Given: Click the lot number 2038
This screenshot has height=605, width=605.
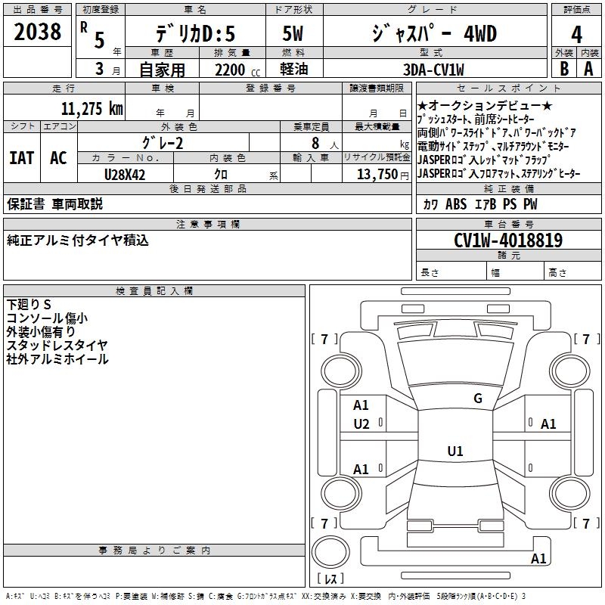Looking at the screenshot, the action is pyautogui.click(x=37, y=32).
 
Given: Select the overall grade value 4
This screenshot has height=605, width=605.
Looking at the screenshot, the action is pyautogui.click(x=576, y=35).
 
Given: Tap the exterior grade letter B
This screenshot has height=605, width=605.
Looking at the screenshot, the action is pyautogui.click(x=564, y=69).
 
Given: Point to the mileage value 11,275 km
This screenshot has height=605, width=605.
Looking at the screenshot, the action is pyautogui.click(x=92, y=108).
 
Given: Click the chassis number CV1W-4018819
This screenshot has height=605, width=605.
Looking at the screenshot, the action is pyautogui.click(x=508, y=240).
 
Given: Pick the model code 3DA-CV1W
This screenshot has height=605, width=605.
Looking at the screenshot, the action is pyautogui.click(x=433, y=70).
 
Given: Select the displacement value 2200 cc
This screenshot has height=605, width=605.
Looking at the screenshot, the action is pyautogui.click(x=237, y=70).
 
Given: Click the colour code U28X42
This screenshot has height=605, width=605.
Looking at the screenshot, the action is pyautogui.click(x=125, y=175).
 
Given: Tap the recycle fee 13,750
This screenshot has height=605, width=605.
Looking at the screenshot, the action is pyautogui.click(x=377, y=175).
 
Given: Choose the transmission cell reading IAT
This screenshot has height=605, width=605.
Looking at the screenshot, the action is pyautogui.click(x=22, y=158).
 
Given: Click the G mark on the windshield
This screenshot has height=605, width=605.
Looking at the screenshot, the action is pyautogui.click(x=478, y=399).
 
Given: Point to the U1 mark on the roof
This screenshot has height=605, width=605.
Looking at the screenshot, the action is pyautogui.click(x=455, y=451).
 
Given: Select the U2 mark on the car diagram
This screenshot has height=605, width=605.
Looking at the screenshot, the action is pyautogui.click(x=361, y=424).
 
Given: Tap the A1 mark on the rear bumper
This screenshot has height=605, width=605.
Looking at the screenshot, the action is pyautogui.click(x=538, y=558).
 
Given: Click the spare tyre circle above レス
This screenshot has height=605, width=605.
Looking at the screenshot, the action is pyautogui.click(x=330, y=552).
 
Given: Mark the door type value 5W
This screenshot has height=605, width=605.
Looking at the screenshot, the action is pyautogui.click(x=293, y=33).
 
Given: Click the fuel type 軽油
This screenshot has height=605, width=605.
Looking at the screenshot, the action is pyautogui.click(x=293, y=70).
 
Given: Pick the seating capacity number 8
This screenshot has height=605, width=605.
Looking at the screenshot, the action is pyautogui.click(x=315, y=143).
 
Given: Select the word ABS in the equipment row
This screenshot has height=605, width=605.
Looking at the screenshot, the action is pyautogui.click(x=456, y=203).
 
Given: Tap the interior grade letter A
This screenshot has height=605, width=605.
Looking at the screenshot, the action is pyautogui.click(x=588, y=69).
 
